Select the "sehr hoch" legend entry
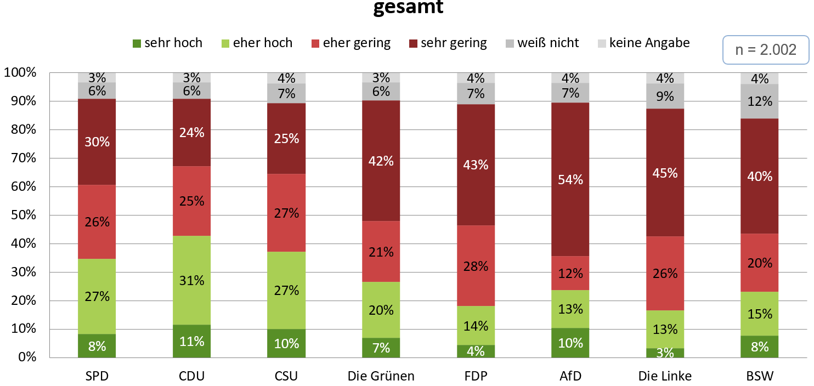pyautogui.click(x=167, y=43)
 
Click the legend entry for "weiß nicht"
pyautogui.click(x=540, y=43)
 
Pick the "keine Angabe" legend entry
pyautogui.click(x=643, y=43)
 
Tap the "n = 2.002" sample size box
pyautogui.click(x=765, y=50)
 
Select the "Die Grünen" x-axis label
pyautogui.click(x=381, y=376)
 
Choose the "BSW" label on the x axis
pyautogui.click(x=759, y=376)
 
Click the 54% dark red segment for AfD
pyautogui.click(x=570, y=179)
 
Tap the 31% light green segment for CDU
pyautogui.click(x=191, y=280)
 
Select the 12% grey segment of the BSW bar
pyautogui.click(x=759, y=101)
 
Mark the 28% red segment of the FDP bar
pyautogui.click(x=476, y=266)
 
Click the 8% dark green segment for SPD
pyautogui.click(x=97, y=345)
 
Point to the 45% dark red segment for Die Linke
pyautogui.click(x=665, y=173)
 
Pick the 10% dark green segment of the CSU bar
pyautogui.click(x=286, y=343)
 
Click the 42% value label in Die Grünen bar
pyautogui.click(x=381, y=161)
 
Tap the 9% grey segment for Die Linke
pyautogui.click(x=665, y=96)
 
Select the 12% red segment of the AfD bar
pyautogui.click(x=570, y=273)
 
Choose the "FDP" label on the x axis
pyautogui.click(x=476, y=376)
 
